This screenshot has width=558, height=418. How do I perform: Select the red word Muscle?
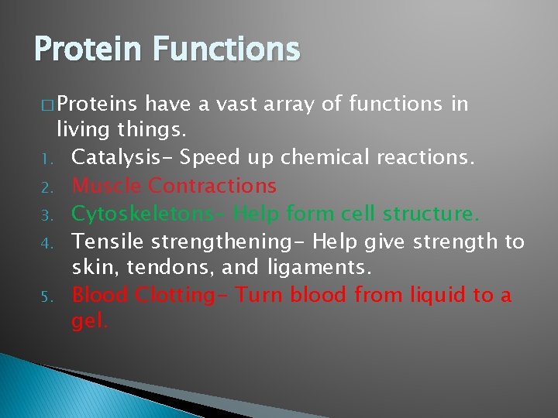[x=106, y=186]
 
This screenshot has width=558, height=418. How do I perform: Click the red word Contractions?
[x=212, y=186]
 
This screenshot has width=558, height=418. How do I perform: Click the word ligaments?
[x=326, y=268]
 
